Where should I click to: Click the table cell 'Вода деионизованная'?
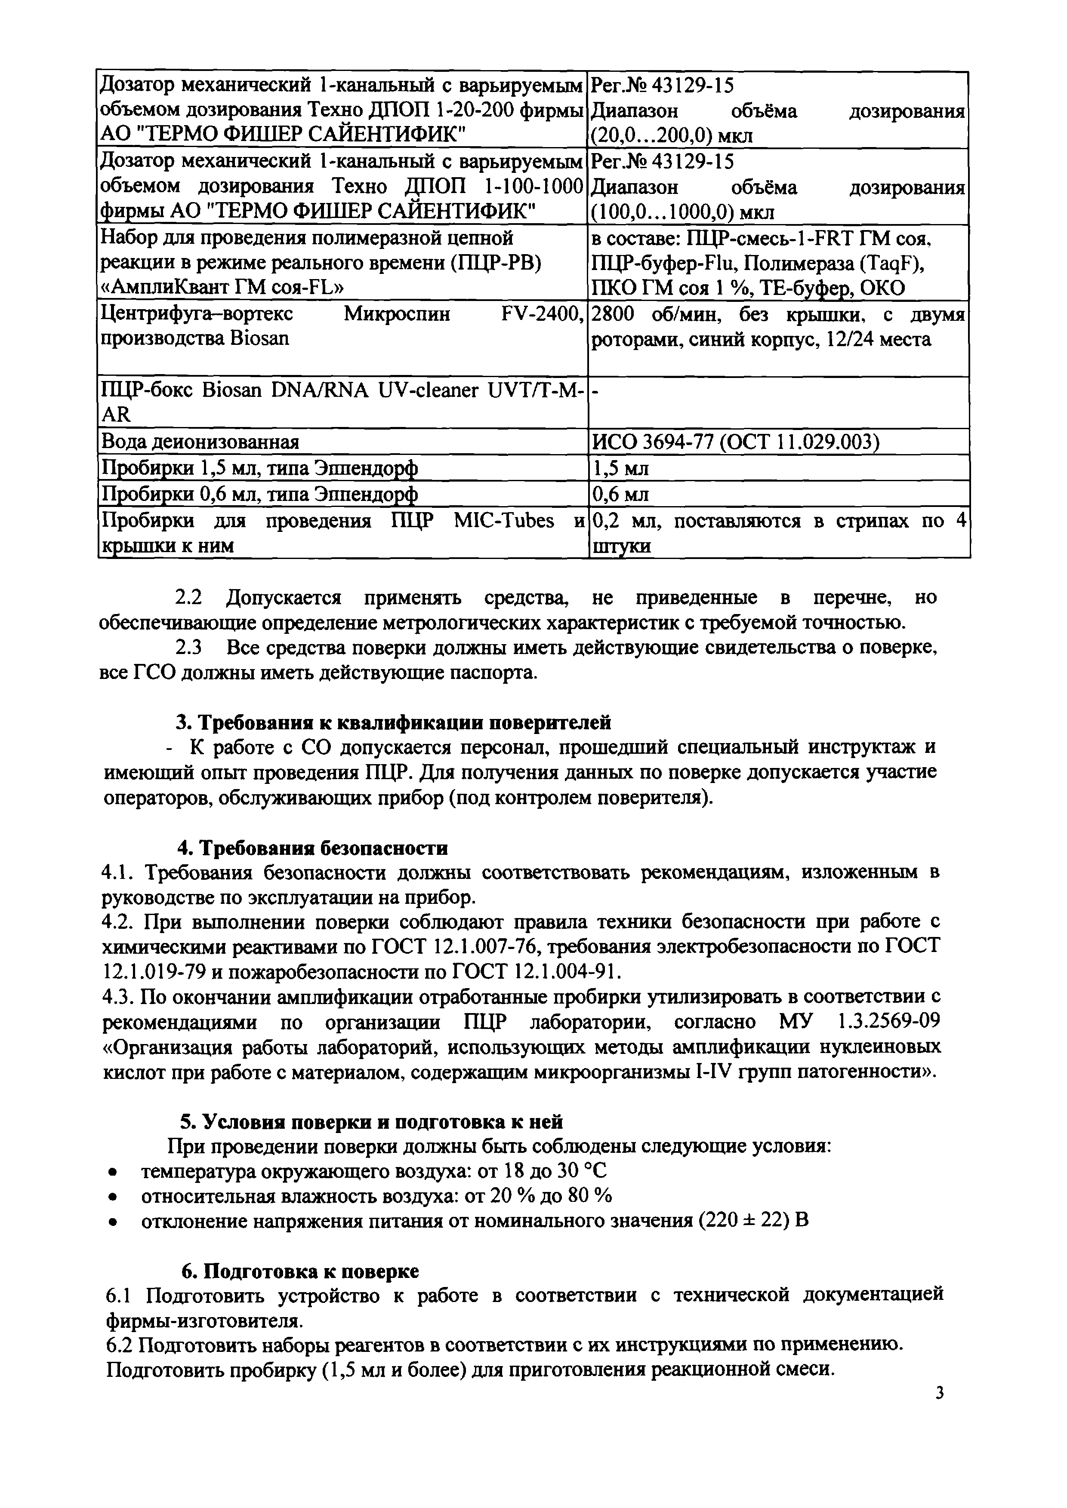[199, 441]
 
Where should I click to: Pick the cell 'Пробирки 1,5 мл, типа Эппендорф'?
[258, 468]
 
